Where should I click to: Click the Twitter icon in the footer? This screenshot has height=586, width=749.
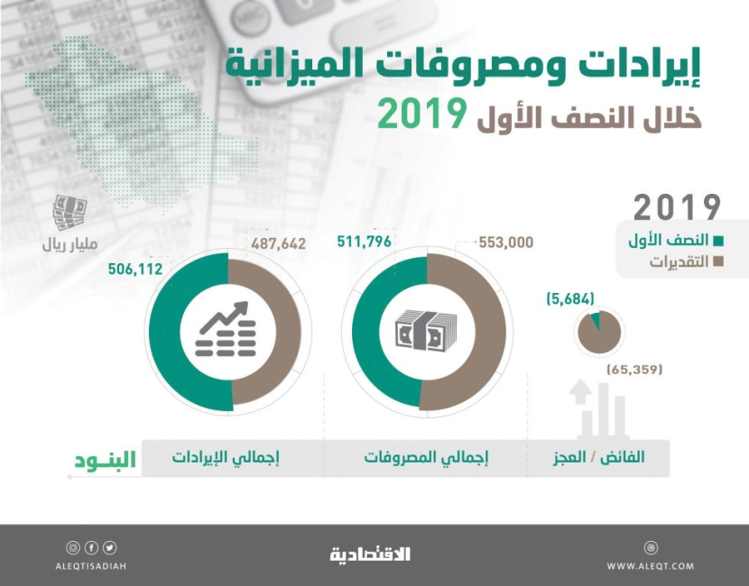point(109,547)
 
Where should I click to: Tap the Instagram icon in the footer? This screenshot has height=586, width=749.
point(73,547)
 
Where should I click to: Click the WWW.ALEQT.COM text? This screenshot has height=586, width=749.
point(651,566)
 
